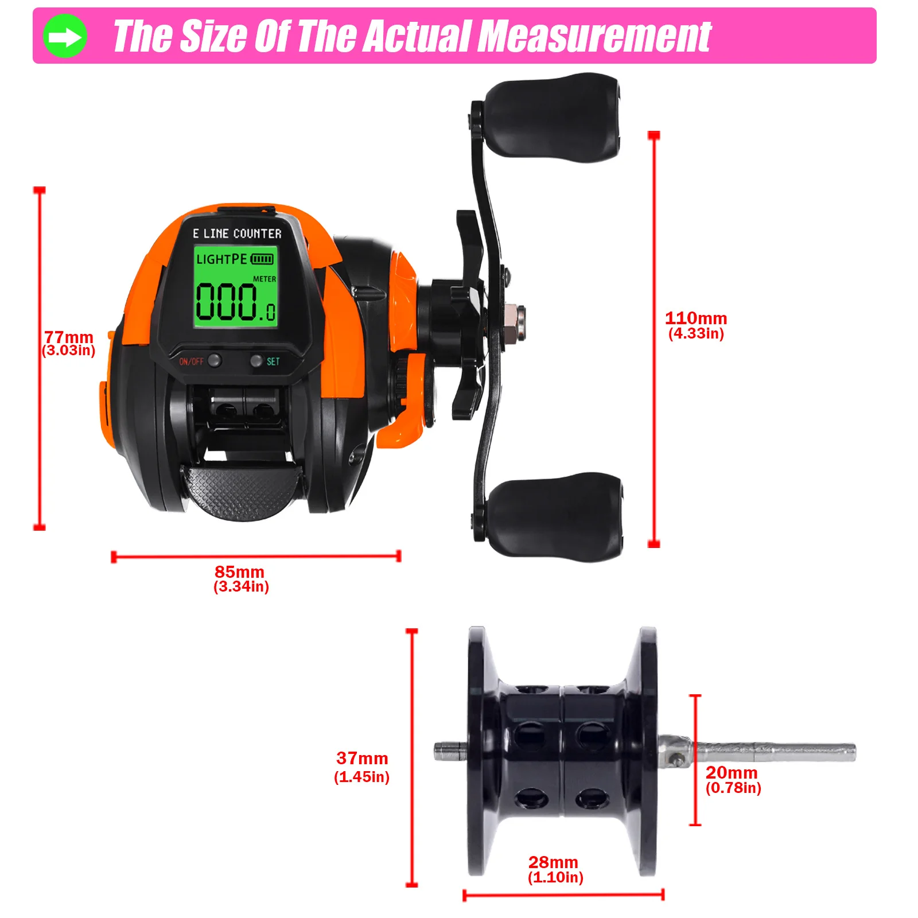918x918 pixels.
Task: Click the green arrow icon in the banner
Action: tap(65, 36)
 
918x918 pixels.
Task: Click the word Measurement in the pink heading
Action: tap(594, 36)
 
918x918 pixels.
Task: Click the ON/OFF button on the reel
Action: tap(215, 361)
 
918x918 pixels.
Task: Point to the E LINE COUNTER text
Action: tap(237, 234)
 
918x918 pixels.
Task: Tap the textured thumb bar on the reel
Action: tap(241, 491)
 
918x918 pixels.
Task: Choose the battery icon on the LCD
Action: tap(262, 259)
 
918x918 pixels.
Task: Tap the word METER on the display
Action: tap(264, 279)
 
